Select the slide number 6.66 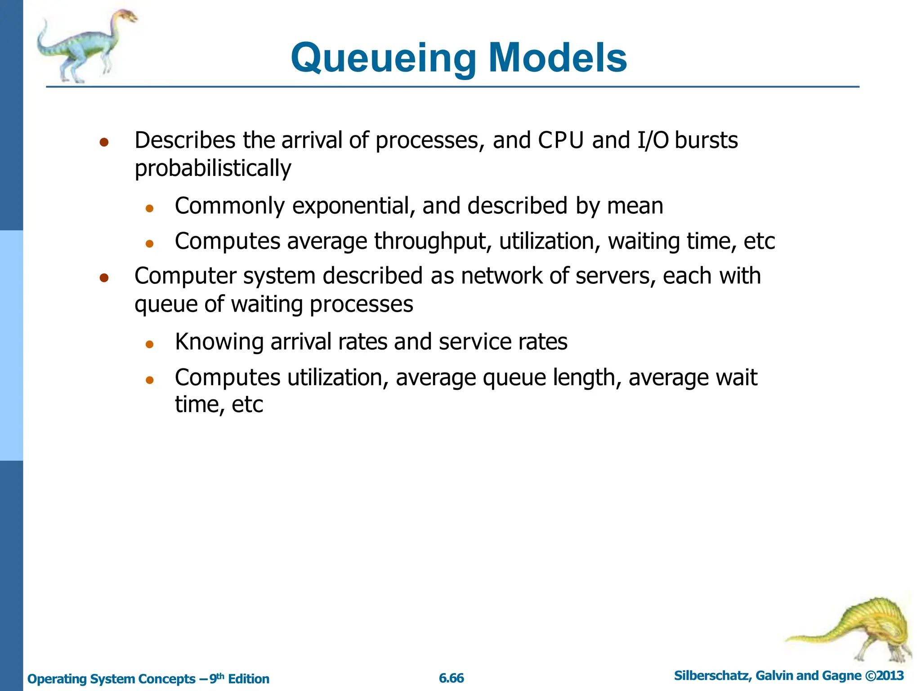451,678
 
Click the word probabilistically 213,169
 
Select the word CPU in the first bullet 560,140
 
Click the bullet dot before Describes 104,143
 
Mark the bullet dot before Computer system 104,278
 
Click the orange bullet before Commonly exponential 150,208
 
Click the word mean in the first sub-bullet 635,206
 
